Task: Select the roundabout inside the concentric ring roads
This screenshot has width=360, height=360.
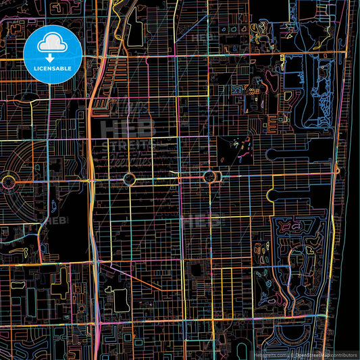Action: pos(8,180)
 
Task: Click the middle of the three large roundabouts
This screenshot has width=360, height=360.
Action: pos(129,179)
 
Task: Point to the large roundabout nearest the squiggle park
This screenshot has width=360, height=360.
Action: pos(209,177)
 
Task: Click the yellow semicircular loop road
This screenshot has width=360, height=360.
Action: pos(272,195)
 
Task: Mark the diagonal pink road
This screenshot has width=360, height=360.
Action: pos(135,278)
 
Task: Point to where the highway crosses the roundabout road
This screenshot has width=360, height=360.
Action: pos(91,179)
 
